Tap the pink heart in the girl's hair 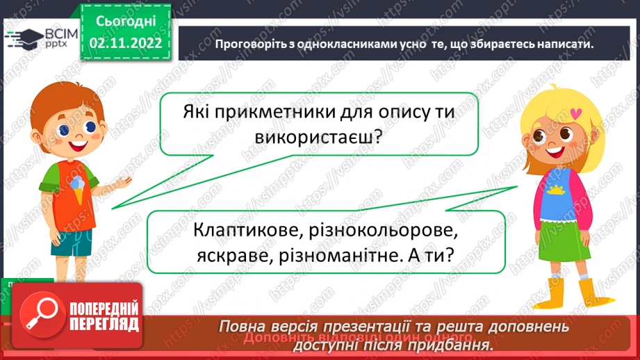(575, 111)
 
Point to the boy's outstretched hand (124, 181)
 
